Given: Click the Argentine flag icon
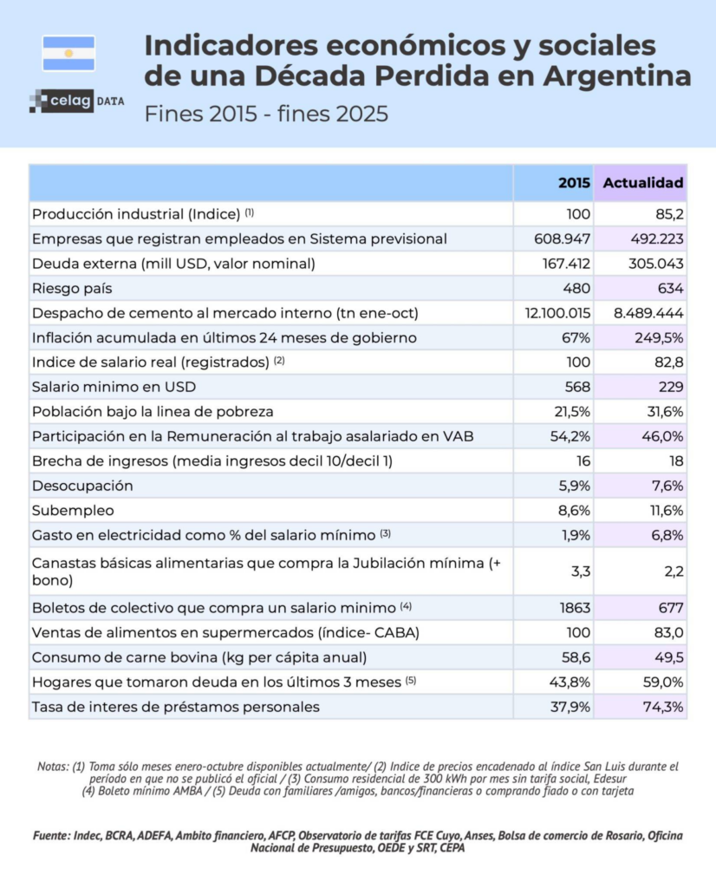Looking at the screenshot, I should [x=68, y=53].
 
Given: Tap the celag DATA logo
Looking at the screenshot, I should [x=76, y=101].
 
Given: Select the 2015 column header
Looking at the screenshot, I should [x=575, y=183].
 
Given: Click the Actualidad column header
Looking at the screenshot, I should [x=642, y=183].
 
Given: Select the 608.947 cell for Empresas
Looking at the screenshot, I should [x=563, y=238].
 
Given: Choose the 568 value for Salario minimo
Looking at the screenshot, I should [x=577, y=386].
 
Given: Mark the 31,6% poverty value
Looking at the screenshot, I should [x=663, y=411].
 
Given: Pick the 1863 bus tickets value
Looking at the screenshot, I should [x=574, y=607].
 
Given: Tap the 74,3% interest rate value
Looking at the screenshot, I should [x=662, y=706].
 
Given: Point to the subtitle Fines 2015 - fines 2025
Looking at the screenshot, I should [x=265, y=114].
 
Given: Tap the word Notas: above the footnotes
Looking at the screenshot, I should [x=54, y=767].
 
